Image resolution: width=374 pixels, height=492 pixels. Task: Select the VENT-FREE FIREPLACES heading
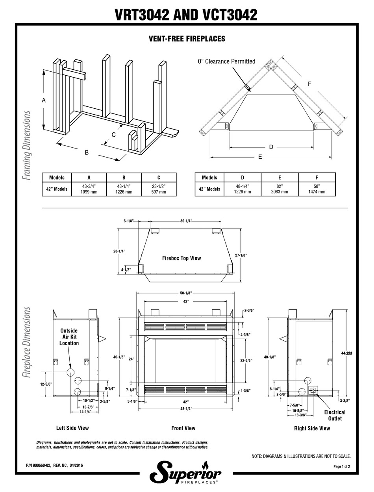click(187, 39)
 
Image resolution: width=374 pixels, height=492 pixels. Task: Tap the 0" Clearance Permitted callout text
click(226, 61)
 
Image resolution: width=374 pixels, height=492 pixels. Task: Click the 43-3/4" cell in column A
click(89, 189)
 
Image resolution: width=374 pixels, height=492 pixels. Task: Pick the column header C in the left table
click(159, 178)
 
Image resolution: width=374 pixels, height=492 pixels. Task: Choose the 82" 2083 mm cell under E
click(280, 189)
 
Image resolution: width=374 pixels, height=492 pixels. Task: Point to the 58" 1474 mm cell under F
click(317, 189)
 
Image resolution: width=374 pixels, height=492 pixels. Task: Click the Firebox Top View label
click(181, 258)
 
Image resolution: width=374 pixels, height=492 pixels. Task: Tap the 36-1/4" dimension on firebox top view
click(186, 221)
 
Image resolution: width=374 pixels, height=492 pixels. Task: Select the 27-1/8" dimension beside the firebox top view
click(241, 255)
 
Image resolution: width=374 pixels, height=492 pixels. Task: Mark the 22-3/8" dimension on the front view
click(246, 360)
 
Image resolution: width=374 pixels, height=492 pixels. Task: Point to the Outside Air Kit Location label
click(69, 337)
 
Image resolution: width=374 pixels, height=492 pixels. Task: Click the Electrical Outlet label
click(335, 415)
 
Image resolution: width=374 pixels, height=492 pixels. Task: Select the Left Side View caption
click(72, 428)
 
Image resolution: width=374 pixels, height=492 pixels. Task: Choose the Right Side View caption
click(312, 428)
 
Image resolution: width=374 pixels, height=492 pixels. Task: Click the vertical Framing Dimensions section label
click(27, 145)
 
